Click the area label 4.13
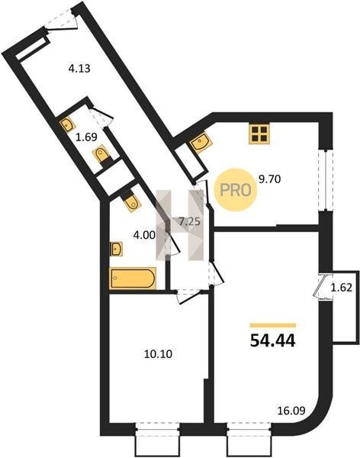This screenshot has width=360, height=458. (x=79, y=69)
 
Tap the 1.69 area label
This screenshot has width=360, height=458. (x=86, y=137)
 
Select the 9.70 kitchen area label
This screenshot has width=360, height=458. (x=270, y=179)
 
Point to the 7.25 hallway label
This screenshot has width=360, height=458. (x=189, y=222)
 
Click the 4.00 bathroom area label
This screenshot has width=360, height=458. (x=144, y=235)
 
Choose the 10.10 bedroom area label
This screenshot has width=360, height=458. (x=158, y=354)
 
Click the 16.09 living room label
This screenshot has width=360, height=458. (x=291, y=411)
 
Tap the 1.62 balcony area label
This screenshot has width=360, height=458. (x=342, y=288)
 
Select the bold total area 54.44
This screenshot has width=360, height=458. (x=273, y=340)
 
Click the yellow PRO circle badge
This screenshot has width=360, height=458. (x=236, y=190)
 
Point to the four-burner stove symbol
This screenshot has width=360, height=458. (x=259, y=134)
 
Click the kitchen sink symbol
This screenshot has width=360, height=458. (x=201, y=143)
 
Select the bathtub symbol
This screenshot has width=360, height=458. (x=133, y=279)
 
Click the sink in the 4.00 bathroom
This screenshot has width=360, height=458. (x=117, y=249)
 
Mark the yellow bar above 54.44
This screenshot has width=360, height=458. (x=273, y=325)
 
